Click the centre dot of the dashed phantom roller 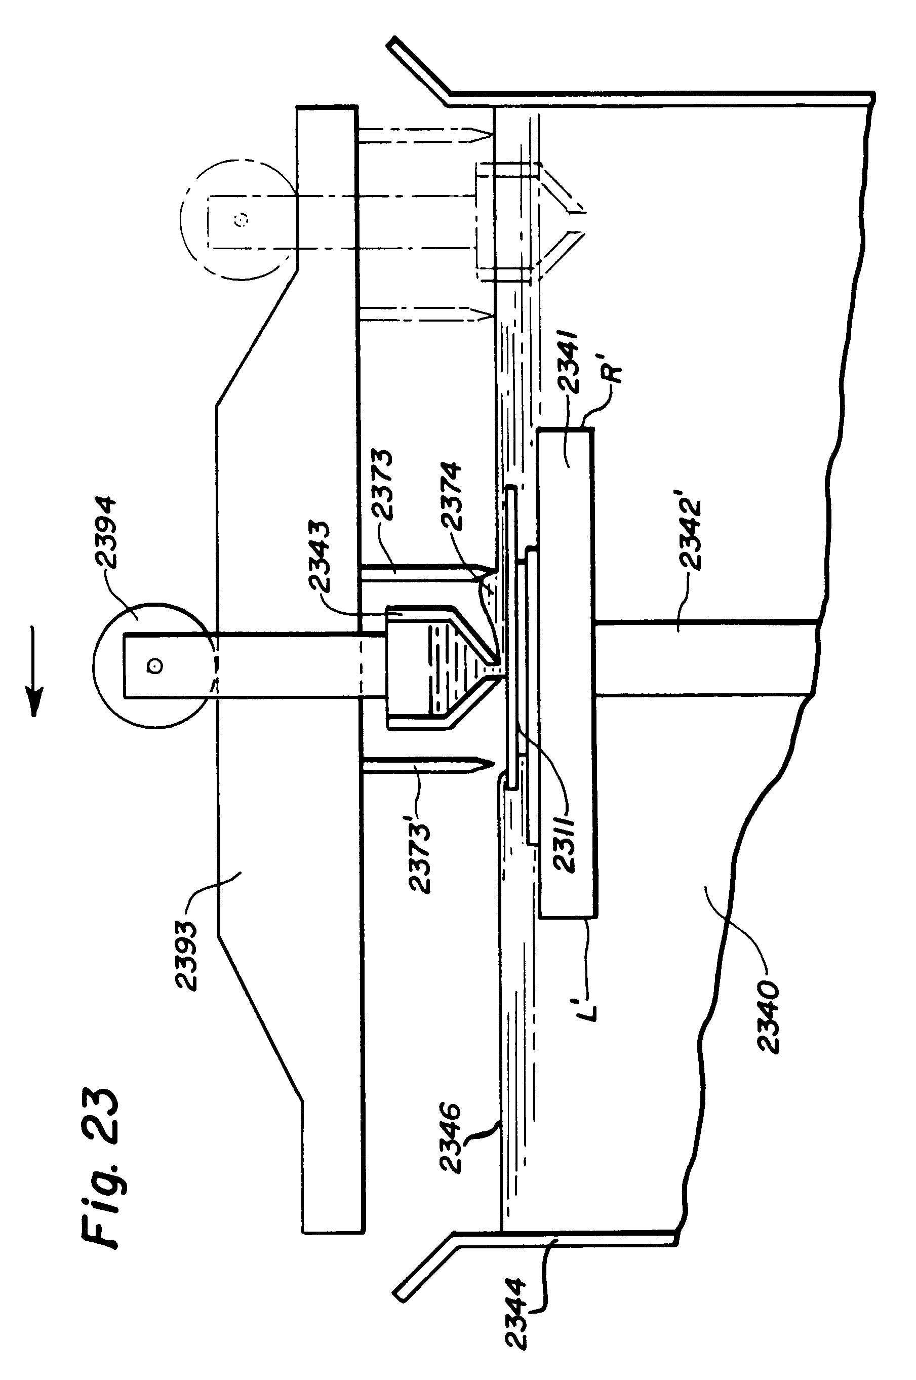pos(243,219)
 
